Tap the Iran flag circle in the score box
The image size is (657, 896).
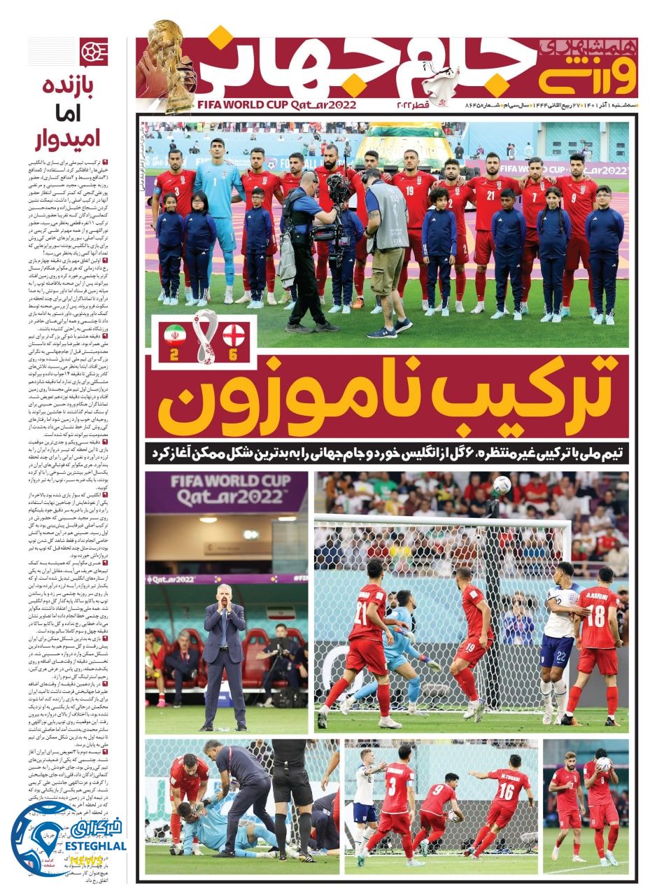point(175,335)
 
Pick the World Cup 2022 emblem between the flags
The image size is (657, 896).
point(204,336)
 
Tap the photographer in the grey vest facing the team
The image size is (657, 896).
point(386,245)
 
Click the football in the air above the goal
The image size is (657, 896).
point(502,484)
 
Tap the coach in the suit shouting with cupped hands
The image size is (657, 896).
point(223,651)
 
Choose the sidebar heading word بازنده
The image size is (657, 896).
point(69,90)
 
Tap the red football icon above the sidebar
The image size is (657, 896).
point(94,51)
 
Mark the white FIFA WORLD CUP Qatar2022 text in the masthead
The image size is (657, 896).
point(277,105)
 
